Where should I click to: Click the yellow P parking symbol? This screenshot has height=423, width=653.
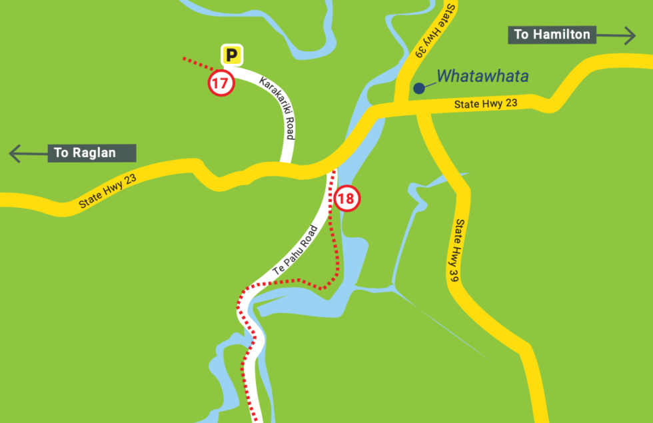pos(232,55)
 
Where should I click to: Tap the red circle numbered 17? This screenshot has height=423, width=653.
pos(221,84)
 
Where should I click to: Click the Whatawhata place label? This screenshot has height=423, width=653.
pos(482,76)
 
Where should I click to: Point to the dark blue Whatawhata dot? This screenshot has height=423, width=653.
pos(418,87)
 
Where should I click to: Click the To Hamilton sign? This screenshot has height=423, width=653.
pos(552,35)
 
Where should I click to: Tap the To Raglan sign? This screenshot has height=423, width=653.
pos(92,153)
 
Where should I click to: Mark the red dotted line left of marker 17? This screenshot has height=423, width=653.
pos(197,64)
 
